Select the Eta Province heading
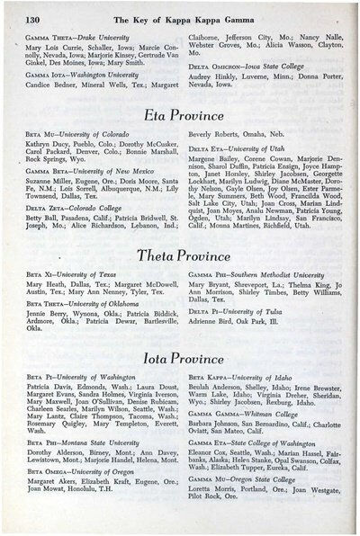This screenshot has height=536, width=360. (x=183, y=115)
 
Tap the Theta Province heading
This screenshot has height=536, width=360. (x=183, y=257)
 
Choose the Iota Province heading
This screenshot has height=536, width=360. (x=183, y=359)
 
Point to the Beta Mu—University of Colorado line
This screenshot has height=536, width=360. (x=78, y=134)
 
